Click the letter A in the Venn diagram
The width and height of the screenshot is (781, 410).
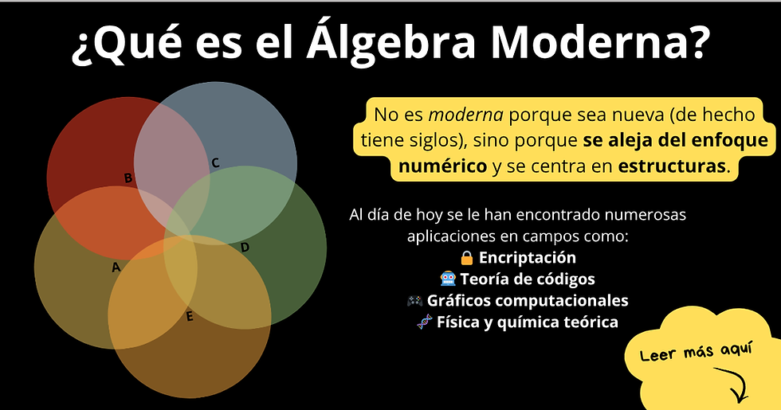coord(116,267)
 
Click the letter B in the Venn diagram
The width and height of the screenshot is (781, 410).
coord(128,178)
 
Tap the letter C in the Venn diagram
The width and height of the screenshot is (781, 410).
coord(215,163)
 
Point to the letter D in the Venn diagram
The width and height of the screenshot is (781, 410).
coord(245,248)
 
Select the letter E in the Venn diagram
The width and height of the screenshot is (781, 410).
coord(190,317)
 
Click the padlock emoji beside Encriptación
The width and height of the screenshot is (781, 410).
coord(467,258)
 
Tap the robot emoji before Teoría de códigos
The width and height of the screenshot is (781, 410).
coord(448,279)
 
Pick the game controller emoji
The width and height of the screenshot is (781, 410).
coord(414,301)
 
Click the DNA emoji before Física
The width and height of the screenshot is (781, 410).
coord(425,322)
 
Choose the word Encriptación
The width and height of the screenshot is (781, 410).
coord(527,258)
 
